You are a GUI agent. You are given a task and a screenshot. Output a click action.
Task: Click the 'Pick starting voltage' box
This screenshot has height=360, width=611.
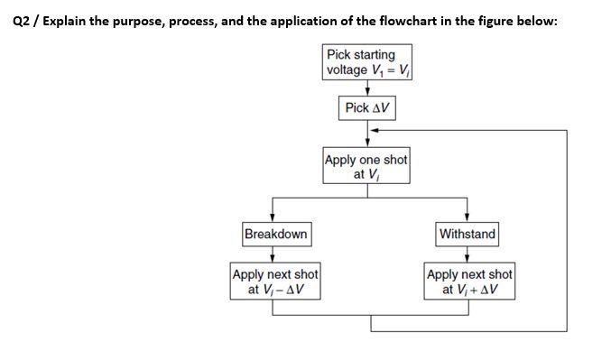[x=367, y=62]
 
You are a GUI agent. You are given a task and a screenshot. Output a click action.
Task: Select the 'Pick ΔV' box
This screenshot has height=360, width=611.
[x=367, y=108]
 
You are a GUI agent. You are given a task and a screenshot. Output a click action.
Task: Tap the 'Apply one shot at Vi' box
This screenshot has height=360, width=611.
[x=366, y=167]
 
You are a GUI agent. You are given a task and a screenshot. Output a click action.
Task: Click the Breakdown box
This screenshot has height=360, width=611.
[x=275, y=235]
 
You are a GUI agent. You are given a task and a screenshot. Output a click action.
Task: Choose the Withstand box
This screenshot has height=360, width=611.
[x=467, y=235]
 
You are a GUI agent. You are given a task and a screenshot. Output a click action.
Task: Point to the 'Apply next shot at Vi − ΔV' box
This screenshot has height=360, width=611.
[x=275, y=282]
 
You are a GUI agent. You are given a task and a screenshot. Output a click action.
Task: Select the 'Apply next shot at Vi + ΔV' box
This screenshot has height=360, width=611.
[x=468, y=282]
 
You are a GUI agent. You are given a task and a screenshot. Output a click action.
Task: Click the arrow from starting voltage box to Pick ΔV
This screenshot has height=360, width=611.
[x=367, y=88]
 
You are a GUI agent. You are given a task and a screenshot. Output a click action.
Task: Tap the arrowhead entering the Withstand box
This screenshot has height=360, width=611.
[x=466, y=219]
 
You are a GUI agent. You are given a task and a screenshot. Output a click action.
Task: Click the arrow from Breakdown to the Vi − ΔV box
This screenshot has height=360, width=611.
[x=274, y=254]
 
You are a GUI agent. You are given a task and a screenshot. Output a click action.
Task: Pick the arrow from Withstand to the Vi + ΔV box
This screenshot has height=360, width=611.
[x=467, y=254]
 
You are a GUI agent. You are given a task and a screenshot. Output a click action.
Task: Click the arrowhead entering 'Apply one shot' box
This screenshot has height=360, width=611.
[x=367, y=144]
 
